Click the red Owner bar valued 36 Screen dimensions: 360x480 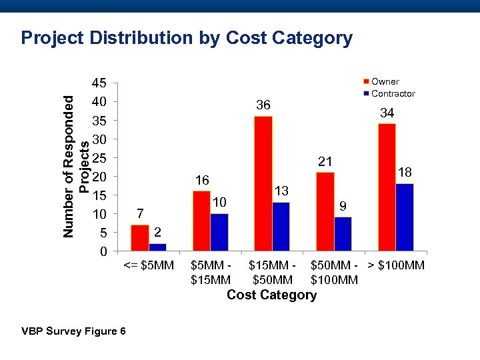click(263, 183)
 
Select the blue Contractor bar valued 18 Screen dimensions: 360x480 click(404, 217)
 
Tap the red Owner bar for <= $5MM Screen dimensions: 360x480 click(140, 238)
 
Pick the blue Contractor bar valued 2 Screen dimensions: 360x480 click(158, 247)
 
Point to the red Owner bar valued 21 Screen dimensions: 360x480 click(325, 211)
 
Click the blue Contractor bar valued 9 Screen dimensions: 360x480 click(343, 234)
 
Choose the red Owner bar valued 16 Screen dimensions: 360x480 click(201, 221)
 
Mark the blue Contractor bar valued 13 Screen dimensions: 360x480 click(281, 227)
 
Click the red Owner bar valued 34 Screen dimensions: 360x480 click(387, 187)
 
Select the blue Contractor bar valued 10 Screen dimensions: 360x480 click(219, 232)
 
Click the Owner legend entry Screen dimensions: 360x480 click(385, 81)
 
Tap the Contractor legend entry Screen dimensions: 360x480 click(393, 93)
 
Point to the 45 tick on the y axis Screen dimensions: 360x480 click(99, 83)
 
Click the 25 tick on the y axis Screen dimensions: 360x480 click(99, 158)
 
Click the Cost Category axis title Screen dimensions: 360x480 click(271, 295)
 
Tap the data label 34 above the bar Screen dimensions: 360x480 click(387, 114)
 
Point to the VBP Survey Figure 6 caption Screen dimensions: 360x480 click(73, 331)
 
